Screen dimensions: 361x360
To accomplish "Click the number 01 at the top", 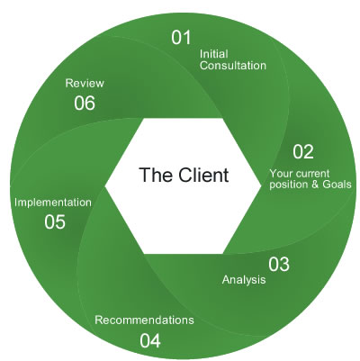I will point(182,38).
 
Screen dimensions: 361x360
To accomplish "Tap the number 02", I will point(303,151).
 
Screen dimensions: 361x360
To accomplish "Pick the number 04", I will point(150,340).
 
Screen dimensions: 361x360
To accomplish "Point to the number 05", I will point(54,221).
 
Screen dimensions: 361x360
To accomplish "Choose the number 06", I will point(85,103).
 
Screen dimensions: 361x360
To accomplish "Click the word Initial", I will point(212,52).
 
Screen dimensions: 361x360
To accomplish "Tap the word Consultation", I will point(232,65).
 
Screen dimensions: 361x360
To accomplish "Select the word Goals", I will point(334,185).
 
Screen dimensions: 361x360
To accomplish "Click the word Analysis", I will point(244,280).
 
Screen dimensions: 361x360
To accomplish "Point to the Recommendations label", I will point(144,320).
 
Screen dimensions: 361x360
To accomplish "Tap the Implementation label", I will point(53,203).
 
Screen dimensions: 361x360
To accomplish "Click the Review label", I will point(85,83).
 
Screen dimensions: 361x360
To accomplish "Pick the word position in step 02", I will point(289,185).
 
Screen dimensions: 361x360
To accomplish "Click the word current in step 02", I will point(316,172).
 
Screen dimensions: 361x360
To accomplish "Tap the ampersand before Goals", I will point(312,185).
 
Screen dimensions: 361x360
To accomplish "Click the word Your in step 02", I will point(282,172).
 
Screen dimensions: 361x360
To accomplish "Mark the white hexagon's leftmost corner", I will point(106,184).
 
